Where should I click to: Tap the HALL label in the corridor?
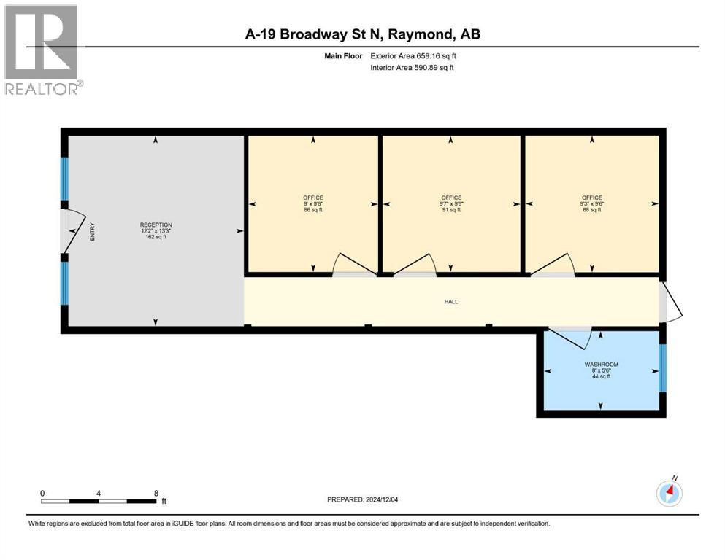(x=451, y=301)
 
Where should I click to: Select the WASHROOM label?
(x=601, y=364)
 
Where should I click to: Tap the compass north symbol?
(x=669, y=493)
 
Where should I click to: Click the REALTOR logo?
(x=42, y=50)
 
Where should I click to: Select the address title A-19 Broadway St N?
(x=362, y=34)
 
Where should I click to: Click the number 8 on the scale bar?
(x=156, y=493)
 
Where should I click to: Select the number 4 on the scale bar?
(x=99, y=493)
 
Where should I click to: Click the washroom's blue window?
(x=663, y=367)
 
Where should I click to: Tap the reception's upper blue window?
(x=64, y=179)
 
